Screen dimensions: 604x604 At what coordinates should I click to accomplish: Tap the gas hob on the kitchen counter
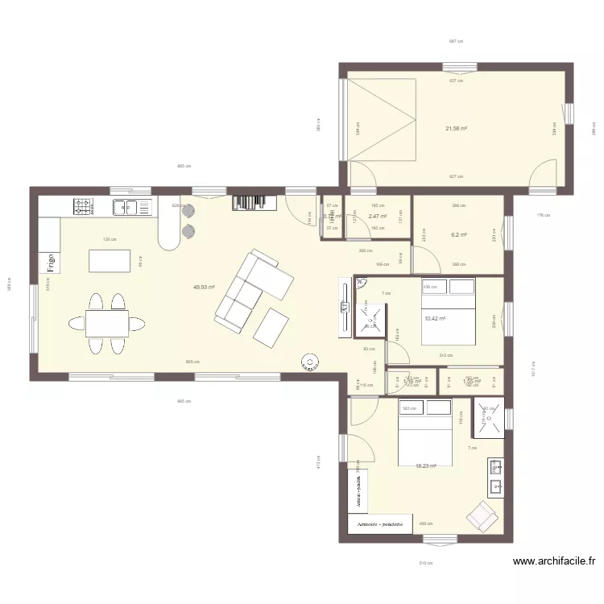(82, 207)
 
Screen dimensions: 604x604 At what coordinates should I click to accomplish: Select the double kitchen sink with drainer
(131, 207)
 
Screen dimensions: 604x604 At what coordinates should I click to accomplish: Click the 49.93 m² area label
(203, 287)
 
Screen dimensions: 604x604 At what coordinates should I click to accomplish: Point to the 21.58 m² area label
(457, 128)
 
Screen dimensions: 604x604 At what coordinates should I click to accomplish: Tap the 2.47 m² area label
(377, 217)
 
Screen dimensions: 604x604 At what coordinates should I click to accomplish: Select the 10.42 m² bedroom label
(435, 319)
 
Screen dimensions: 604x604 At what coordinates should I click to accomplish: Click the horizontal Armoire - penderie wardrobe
(380, 523)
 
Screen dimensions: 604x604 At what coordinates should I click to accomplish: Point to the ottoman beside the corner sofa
(272, 327)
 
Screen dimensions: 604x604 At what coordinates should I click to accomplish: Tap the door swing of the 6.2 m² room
(425, 259)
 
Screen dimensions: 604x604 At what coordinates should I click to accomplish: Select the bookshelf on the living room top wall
(254, 203)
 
